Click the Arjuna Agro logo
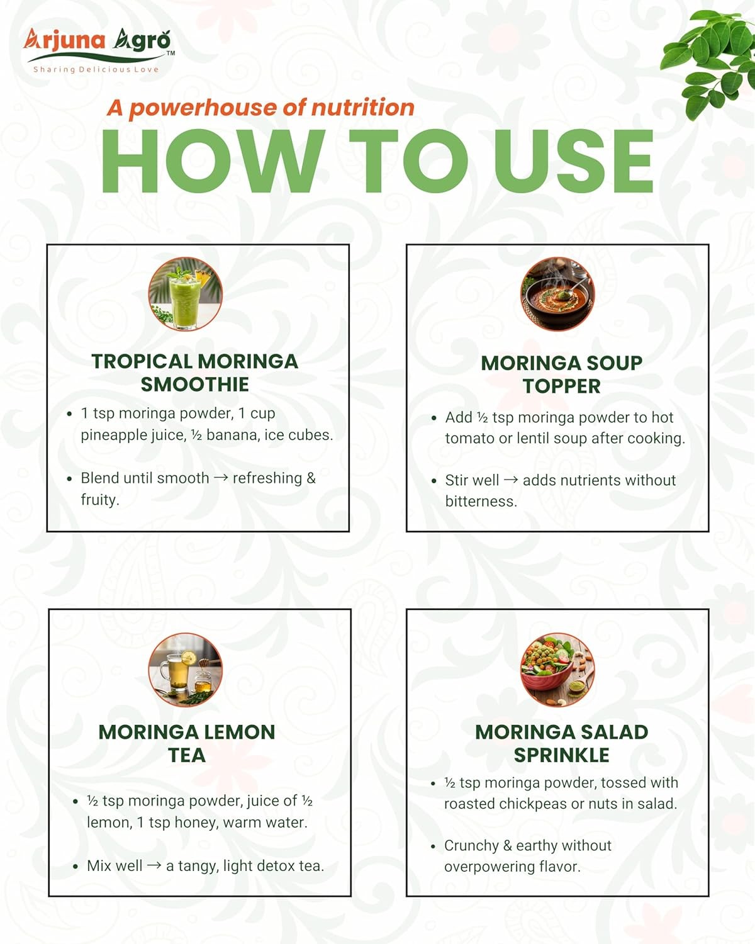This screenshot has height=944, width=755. click(x=99, y=50)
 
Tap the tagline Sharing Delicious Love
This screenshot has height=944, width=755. click(x=96, y=69)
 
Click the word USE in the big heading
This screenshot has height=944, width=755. click(x=574, y=162)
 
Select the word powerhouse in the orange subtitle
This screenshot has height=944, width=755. click(x=203, y=108)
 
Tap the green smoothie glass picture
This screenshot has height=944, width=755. click(x=186, y=294)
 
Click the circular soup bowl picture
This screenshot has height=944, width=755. click(x=557, y=294)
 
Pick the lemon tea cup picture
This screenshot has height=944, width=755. click(x=186, y=670)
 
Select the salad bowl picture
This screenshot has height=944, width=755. click(x=557, y=670)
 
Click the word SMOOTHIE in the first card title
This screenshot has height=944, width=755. click(x=195, y=385)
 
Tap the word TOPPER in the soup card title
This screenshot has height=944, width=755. click(x=562, y=386)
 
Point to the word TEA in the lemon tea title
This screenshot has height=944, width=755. click(x=187, y=755)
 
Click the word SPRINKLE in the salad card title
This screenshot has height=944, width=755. click(x=562, y=755)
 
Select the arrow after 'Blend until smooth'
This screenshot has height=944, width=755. click(x=221, y=477)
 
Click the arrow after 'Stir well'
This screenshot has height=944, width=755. click(x=511, y=480)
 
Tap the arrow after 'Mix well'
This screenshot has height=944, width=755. click(x=154, y=865)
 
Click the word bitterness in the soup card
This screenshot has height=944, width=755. click(x=481, y=502)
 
